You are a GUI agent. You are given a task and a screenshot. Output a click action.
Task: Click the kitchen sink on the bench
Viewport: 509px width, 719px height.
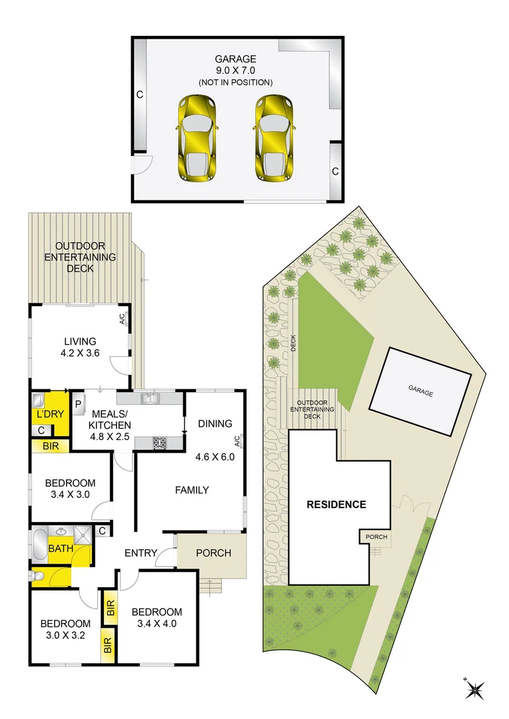click(x=149, y=398)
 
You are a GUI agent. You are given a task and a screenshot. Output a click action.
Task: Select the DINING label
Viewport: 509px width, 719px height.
click(x=215, y=423)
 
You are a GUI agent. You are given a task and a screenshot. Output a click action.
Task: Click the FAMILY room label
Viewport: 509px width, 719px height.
click(x=192, y=490)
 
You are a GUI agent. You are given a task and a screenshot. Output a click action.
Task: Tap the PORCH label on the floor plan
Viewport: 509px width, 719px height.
click(x=214, y=553)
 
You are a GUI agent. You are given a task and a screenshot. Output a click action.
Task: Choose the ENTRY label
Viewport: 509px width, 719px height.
click(x=141, y=553)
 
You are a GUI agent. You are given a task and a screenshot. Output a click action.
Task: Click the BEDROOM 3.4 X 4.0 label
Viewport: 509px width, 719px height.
click(x=157, y=618)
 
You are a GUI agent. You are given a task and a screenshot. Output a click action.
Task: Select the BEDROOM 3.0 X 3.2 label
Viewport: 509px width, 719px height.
click(x=65, y=629)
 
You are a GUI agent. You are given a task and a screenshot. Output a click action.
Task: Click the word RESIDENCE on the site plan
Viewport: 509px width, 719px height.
click(x=336, y=504)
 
